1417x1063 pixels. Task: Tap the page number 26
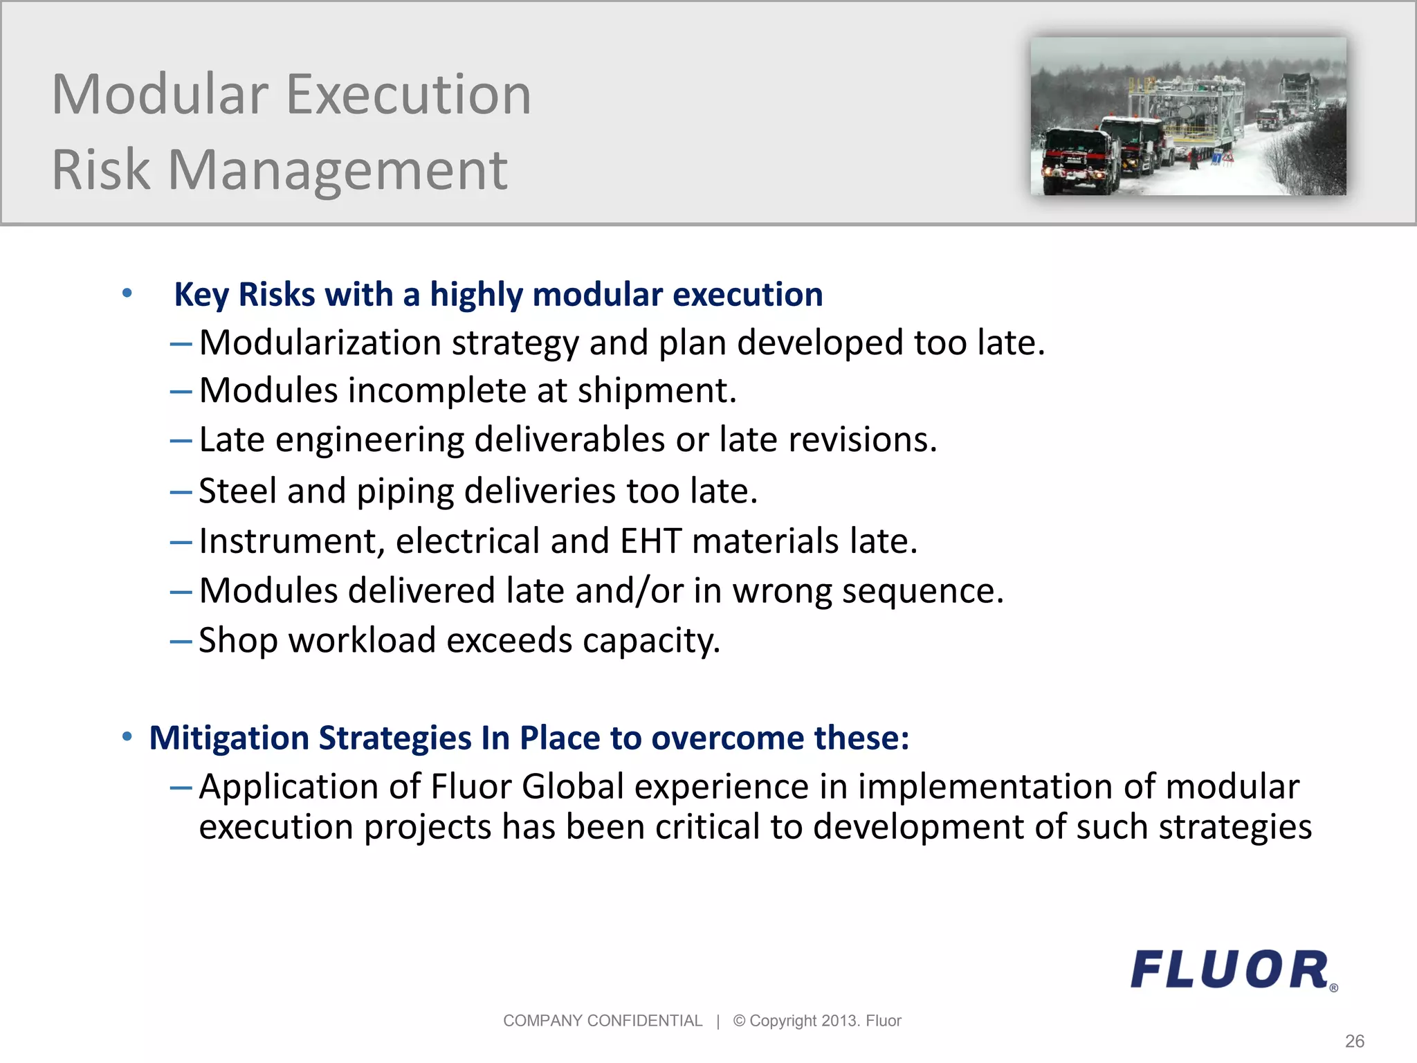click(1354, 1041)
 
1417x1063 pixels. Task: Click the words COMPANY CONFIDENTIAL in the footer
click(602, 1021)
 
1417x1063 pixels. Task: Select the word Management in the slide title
click(338, 170)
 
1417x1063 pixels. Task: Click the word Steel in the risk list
click(237, 491)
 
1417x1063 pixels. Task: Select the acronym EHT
click(650, 541)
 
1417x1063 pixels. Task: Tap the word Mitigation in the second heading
click(228, 738)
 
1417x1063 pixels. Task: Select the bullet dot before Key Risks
click(127, 293)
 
